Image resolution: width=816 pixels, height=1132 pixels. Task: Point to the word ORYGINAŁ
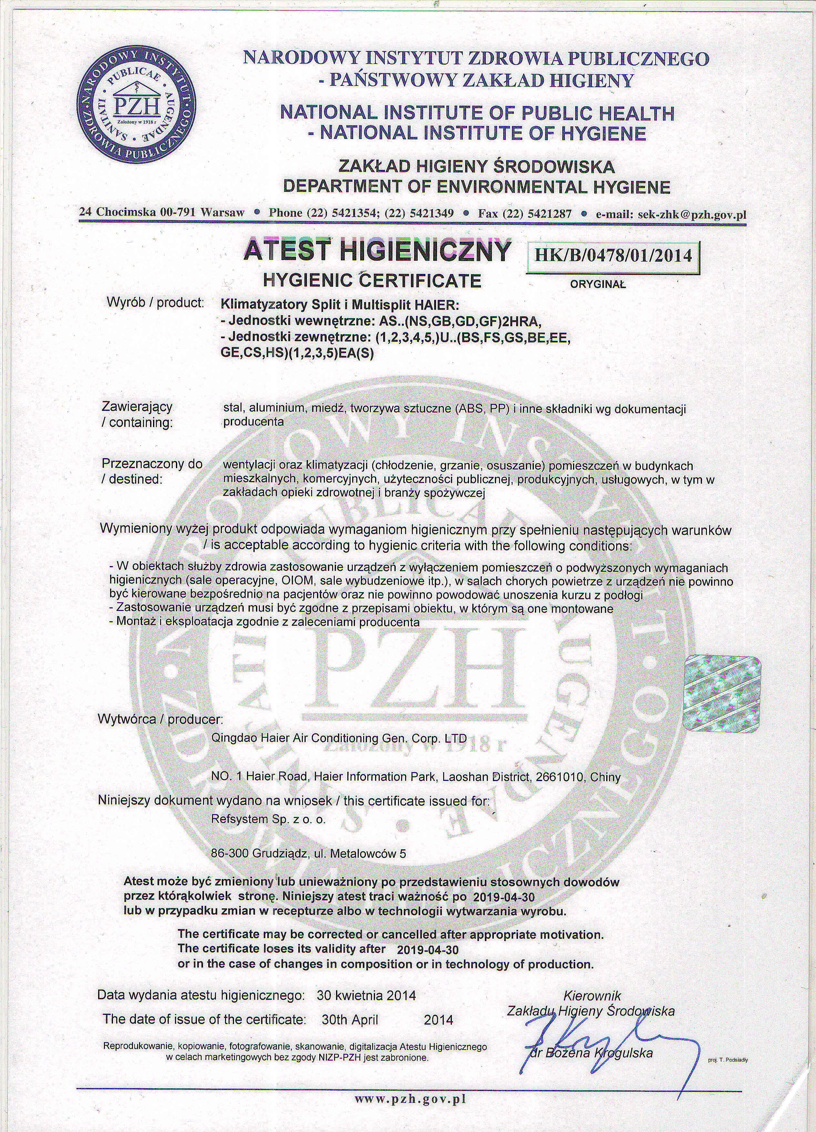(597, 285)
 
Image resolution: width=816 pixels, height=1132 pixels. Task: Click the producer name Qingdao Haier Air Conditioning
(339, 738)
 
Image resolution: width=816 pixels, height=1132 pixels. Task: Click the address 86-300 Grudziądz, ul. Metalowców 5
(308, 854)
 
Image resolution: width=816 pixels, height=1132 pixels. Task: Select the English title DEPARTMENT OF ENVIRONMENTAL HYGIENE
(476, 187)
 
